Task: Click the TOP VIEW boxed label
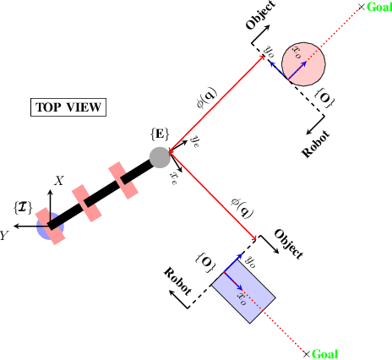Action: tap(68, 107)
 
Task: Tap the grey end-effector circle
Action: tap(159, 157)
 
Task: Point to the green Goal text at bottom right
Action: tap(324, 353)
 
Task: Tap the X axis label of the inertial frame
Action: tap(59, 181)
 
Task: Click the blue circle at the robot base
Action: tap(49, 226)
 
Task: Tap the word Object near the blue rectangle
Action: tap(288, 243)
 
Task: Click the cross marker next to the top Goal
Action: tap(362, 7)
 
